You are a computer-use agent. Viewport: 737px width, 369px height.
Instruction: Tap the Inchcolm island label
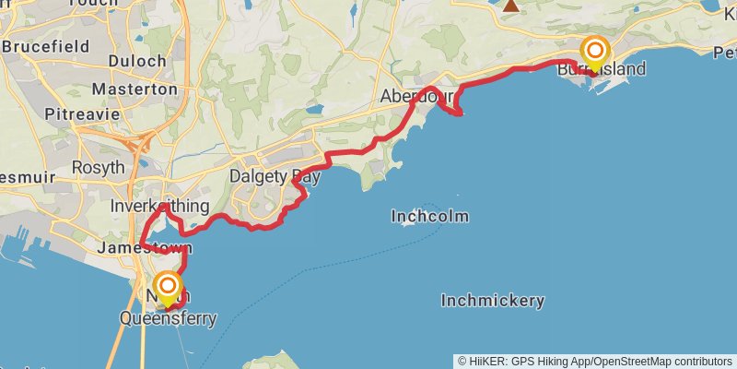pyautogui.click(x=430, y=217)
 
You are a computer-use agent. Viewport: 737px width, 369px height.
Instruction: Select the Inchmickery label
pyautogui.click(x=492, y=301)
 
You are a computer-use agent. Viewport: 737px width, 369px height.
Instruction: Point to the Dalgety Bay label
pyautogui.click(x=275, y=175)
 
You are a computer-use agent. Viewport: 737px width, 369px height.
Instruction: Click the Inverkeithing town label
pyautogui.click(x=158, y=205)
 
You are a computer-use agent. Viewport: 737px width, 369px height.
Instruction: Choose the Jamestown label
pyautogui.click(x=145, y=248)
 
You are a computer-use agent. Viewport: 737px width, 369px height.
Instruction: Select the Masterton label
pyautogui.click(x=135, y=89)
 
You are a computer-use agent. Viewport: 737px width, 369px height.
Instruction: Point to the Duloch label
pyautogui.click(x=137, y=61)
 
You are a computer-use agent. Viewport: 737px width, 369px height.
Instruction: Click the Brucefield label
pyautogui.click(x=45, y=46)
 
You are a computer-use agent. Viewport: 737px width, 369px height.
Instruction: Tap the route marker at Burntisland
pyautogui.click(x=595, y=51)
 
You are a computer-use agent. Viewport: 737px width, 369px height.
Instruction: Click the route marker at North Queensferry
pyautogui.click(x=168, y=287)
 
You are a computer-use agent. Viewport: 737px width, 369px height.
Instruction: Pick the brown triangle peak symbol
pyautogui.click(x=511, y=5)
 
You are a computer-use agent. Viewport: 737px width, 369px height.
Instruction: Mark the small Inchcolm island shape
pyautogui.click(x=406, y=223)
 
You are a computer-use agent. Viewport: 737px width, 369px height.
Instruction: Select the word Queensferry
pyautogui.click(x=169, y=319)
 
